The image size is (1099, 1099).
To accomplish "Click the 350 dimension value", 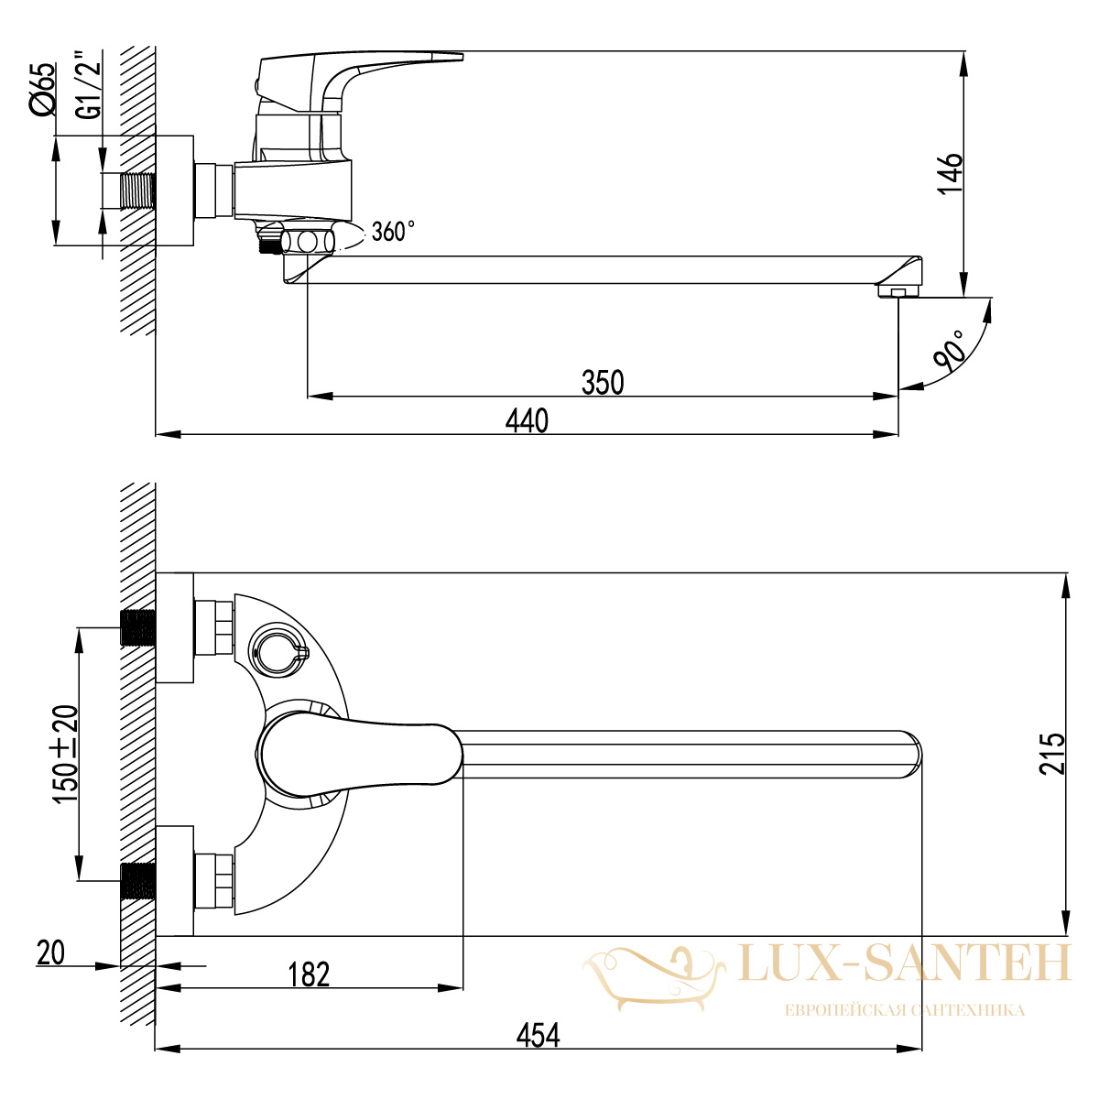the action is (603, 382).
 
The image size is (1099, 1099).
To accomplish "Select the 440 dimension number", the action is (527, 421).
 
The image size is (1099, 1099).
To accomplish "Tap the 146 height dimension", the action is (950, 173).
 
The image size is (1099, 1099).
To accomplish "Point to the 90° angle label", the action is (949, 351).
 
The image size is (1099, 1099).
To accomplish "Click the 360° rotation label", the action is (392, 231).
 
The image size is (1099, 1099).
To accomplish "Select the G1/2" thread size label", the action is (89, 85).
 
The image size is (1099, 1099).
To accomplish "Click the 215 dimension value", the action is (1051, 753).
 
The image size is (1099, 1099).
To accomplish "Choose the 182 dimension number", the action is (309, 974).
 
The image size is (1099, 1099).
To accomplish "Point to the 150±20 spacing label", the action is (65, 754).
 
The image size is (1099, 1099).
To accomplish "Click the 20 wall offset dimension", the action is (50, 952).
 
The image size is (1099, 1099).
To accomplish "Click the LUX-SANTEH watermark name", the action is (905, 963).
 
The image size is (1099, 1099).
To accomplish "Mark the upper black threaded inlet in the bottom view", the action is (138, 628).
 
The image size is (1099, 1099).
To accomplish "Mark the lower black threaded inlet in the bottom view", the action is (138, 881).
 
